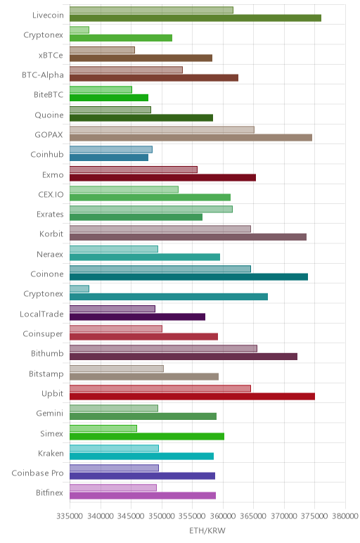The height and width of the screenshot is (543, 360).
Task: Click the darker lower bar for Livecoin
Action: point(195,18)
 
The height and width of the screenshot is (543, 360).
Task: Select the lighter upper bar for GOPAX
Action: point(162,130)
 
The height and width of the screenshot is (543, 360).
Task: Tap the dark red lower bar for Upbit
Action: point(192,397)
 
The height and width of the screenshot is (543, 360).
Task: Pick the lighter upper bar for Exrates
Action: point(151,209)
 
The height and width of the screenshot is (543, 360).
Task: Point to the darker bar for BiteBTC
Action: point(109,98)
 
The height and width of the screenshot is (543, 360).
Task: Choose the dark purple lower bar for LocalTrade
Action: point(137,317)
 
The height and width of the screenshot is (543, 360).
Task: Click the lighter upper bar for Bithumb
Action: point(163,349)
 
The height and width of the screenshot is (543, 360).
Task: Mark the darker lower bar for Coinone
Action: point(188,277)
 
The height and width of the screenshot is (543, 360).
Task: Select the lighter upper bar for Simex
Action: point(103,428)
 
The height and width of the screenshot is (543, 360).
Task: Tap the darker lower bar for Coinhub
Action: point(109,158)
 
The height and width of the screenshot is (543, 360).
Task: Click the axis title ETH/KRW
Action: point(207,530)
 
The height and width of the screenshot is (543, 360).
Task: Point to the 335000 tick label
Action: point(70,516)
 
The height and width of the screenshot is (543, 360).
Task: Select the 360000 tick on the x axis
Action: point(223,516)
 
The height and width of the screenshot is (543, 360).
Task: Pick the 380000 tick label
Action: point(345,516)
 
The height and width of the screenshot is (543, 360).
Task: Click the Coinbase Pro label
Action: point(37,473)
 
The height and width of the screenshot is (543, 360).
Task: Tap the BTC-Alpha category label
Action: point(43,75)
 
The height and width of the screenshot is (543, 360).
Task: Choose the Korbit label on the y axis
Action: point(51,234)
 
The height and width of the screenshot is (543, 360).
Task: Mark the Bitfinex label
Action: point(49,493)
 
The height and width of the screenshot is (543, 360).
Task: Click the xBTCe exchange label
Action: point(51,56)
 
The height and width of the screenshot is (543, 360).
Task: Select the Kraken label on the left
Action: point(51,453)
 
